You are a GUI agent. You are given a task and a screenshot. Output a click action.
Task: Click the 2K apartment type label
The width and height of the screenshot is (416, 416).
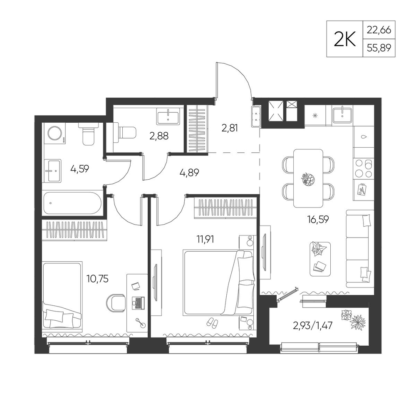coord(344,39)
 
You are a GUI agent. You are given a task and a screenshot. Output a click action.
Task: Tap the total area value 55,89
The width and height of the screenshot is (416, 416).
coord(379,48)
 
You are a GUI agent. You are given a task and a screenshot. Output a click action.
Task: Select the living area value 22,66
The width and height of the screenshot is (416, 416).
coord(379,30)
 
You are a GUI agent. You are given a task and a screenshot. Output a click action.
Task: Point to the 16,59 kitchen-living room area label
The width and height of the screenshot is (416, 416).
coord(318,219)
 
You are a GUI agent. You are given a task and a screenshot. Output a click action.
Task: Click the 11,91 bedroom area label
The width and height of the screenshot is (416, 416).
coord(205,239)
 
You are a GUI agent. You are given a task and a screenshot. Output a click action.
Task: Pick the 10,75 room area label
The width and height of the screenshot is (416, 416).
coord(97,279)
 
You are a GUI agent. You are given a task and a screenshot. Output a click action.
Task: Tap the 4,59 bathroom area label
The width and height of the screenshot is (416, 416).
coord(79,169)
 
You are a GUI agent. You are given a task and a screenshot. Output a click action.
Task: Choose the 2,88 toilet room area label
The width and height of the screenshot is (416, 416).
coord(159,136)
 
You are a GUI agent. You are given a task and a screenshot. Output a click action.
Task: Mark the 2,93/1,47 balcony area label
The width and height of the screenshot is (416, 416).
coord(313,325)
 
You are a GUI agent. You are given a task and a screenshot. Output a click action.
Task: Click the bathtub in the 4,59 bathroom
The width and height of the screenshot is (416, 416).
coord(72,203)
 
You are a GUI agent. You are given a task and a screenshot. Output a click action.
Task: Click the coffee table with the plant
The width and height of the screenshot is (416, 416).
coord(320,259)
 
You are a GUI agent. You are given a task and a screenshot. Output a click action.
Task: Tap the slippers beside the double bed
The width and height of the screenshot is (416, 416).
coord(212,322)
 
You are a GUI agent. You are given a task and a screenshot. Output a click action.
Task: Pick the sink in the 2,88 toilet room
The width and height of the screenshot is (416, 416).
coord(168,116)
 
